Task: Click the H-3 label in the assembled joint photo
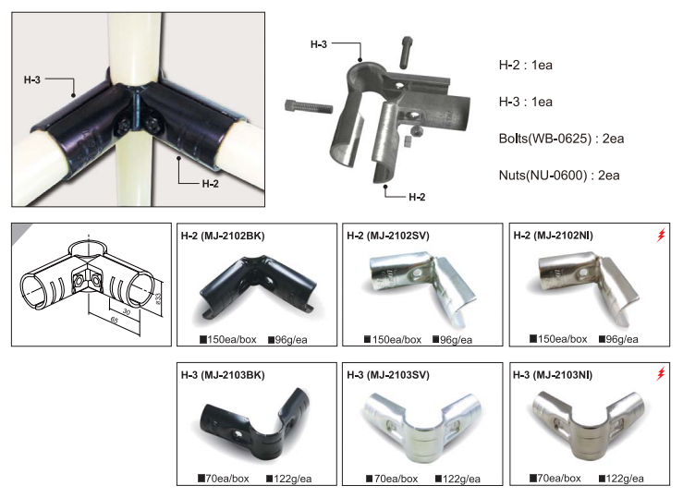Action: pos(31,79)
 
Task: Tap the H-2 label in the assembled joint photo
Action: pos(211,184)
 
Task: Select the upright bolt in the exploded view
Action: pos(406,53)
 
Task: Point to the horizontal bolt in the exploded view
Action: pos(309,106)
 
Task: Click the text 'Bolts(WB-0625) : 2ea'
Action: pos(561,139)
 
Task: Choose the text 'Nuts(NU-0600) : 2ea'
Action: pos(559,176)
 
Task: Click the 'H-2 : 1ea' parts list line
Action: pos(525,66)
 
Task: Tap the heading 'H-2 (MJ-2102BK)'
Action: pos(223,236)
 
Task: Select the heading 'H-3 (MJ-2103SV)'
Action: pos(387,375)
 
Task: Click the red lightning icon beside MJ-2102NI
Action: pos(661,235)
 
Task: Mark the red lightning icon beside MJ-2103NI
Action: pos(661,373)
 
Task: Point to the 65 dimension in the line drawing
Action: pos(114,320)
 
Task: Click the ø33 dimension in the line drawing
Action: pos(158,299)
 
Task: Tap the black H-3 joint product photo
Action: pos(256,421)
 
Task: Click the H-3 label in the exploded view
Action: pos(319,44)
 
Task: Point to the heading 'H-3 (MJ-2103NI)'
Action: pos(553,375)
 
